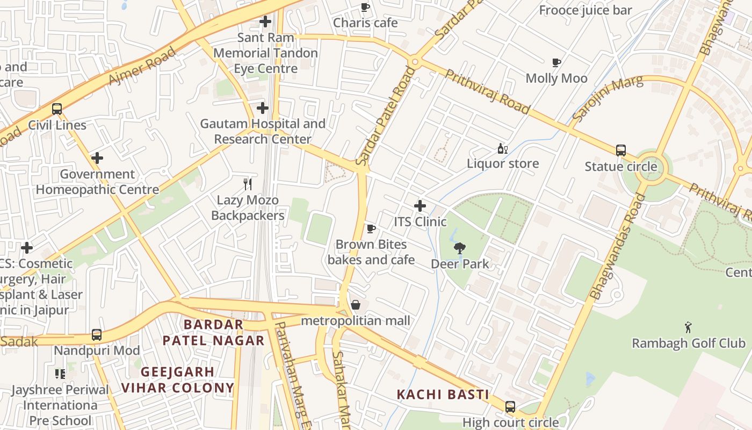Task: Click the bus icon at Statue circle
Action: point(621,150)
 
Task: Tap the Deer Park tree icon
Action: point(460,248)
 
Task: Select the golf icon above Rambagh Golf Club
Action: point(688,327)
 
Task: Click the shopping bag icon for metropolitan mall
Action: point(356,305)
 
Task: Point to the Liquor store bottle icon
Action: point(502,148)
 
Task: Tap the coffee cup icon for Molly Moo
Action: point(556,63)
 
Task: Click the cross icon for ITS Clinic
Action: point(420,206)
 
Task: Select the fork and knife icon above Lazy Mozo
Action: point(248,184)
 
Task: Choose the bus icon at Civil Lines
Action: point(57,109)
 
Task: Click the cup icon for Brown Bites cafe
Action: point(371,229)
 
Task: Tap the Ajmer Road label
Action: point(142,66)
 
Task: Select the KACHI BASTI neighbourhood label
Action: point(443,395)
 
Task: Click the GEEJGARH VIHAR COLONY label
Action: point(178,379)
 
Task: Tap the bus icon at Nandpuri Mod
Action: point(97,335)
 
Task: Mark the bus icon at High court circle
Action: point(510,407)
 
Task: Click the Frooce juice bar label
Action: point(585,10)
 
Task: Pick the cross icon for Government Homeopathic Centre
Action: point(97,159)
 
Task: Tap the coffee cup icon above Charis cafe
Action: point(365,8)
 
